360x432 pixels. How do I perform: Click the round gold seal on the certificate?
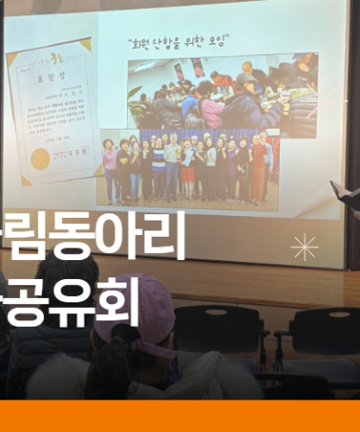pyautogui.click(x=40, y=160)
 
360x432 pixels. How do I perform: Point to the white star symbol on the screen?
pyautogui.click(x=305, y=246)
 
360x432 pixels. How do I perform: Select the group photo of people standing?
pyautogui.click(x=188, y=167)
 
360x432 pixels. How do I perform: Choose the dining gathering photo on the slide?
pyautogui.click(x=221, y=94)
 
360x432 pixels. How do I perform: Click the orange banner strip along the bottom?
pyautogui.click(x=180, y=416)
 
